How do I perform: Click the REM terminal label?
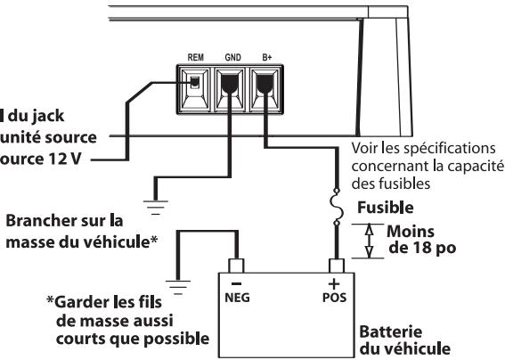pos(197,55)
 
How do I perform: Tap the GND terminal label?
pos(231,55)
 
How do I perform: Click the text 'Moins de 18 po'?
pos(419,239)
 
